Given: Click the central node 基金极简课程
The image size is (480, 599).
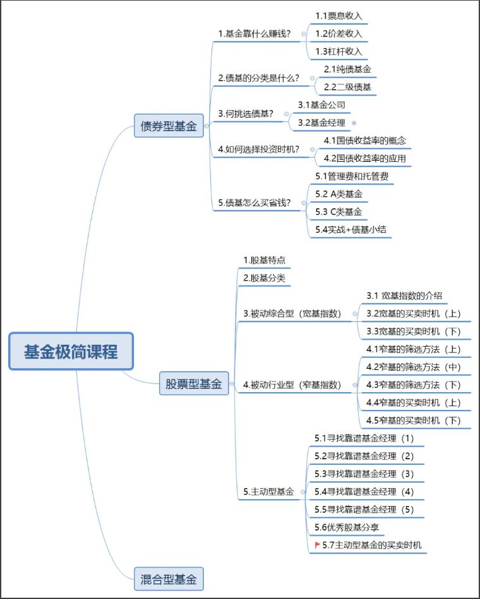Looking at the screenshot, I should pyautogui.click(x=71, y=351).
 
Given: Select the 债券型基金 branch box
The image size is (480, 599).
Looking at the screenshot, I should pyautogui.click(x=168, y=127).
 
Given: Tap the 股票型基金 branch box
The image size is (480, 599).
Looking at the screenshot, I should pyautogui.click(x=194, y=383).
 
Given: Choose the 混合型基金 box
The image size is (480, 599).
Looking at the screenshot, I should pyautogui.click(x=168, y=578).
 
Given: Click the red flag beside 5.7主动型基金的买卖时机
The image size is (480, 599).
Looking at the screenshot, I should pyautogui.click(x=317, y=544).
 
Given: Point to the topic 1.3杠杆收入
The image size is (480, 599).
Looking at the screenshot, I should pyautogui.click(x=339, y=51).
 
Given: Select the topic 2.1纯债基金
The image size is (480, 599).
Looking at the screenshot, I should pyautogui.click(x=347, y=69).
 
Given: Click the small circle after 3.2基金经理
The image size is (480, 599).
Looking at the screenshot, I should pyautogui.click(x=354, y=123).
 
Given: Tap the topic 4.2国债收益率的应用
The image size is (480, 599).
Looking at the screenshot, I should pyautogui.click(x=364, y=158).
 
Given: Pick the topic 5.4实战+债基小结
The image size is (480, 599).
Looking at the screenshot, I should pyautogui.click(x=352, y=230).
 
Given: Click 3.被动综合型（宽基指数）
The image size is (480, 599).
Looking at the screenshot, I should pyautogui.click(x=292, y=313).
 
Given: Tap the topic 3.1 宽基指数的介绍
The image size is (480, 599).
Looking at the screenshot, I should pyautogui.click(x=404, y=295).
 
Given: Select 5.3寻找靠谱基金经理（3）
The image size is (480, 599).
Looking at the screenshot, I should pyautogui.click(x=364, y=474).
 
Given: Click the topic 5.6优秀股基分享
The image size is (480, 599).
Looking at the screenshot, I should pyautogui.click(x=347, y=526).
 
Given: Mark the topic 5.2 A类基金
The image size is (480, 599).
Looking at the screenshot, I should pyautogui.click(x=339, y=194).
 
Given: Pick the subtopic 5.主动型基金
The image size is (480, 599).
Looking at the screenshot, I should pyautogui.click(x=268, y=491).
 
